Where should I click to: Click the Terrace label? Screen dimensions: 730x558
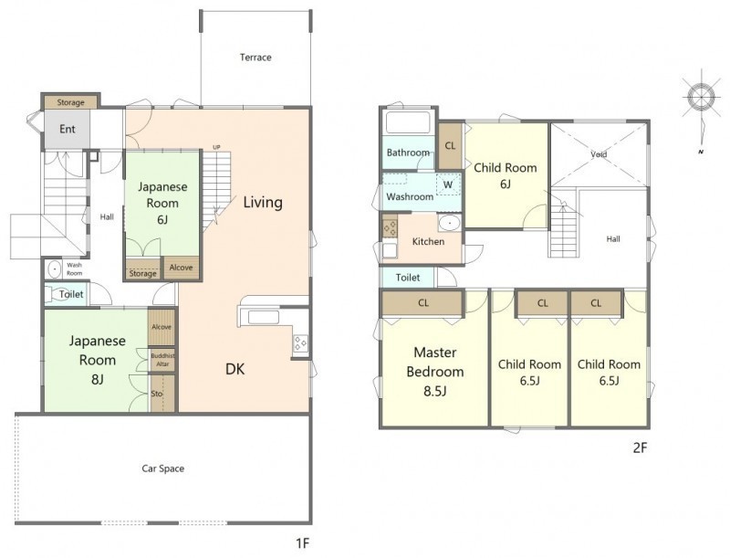[255, 58]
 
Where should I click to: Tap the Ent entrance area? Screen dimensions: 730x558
[67, 129]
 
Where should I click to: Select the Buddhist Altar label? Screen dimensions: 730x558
[162, 360]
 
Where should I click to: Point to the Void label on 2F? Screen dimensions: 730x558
[599, 154]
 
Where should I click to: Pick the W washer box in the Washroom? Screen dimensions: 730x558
[448, 184]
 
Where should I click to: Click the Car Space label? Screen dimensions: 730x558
[163, 469]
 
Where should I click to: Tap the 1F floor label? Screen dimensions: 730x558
[302, 542]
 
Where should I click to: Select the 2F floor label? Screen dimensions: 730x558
[641, 447]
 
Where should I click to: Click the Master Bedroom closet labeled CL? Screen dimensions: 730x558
[422, 303]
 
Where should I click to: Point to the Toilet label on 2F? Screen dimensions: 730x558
[408, 278]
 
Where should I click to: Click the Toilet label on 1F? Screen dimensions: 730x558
[71, 294]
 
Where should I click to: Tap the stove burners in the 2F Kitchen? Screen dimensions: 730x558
[390, 227]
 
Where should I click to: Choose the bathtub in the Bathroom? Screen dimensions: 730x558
[408, 122]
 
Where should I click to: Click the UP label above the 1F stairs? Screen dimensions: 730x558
[216, 148]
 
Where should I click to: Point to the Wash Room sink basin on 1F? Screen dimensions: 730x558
[55, 269]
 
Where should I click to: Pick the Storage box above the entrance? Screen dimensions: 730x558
[71, 102]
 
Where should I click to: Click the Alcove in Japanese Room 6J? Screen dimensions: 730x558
[181, 268]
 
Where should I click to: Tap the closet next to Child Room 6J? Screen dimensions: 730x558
[450, 146]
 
